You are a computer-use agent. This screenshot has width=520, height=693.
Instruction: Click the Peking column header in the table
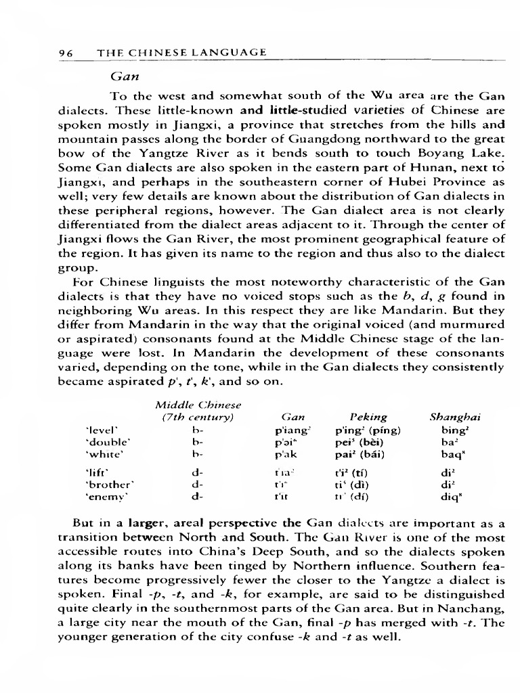(368, 418)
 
